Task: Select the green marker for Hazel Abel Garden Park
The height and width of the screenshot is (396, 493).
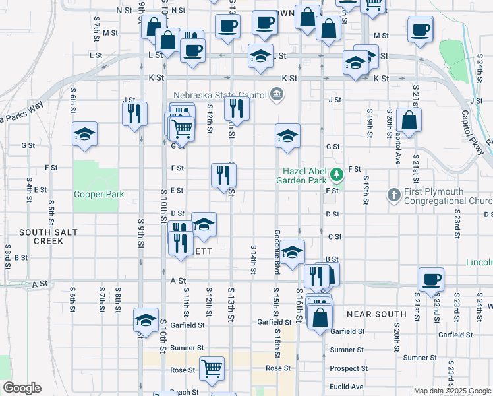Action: point(337,175)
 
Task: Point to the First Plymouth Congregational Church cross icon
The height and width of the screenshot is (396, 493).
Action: point(393,195)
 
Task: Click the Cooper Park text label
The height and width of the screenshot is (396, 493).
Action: point(99,195)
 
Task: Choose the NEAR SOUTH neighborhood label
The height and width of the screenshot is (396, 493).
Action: point(376,314)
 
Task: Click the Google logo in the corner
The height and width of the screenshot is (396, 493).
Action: point(21,388)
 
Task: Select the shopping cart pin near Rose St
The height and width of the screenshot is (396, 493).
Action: point(212,368)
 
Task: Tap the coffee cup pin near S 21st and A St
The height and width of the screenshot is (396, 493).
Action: point(430,279)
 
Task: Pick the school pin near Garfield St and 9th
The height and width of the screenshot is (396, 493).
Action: point(146,319)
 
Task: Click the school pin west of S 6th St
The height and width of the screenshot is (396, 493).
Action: point(84,133)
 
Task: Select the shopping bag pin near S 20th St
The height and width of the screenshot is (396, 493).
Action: point(409,120)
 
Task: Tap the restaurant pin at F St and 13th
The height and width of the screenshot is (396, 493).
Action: point(223,175)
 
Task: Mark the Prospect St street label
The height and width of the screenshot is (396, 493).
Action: point(349,368)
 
